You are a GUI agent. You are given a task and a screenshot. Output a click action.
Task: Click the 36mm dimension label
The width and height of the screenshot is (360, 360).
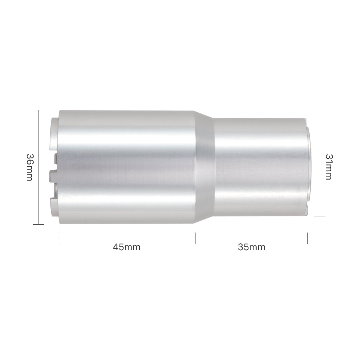click(30, 167)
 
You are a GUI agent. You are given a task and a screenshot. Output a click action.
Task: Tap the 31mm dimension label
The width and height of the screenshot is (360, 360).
click(329, 167)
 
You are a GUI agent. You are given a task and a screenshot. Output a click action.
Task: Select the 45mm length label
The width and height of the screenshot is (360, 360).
click(126, 247)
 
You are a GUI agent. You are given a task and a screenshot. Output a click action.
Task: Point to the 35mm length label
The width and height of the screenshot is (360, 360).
click(251, 247)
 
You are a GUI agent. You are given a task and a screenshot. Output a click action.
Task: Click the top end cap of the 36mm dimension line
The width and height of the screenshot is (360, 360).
click(39, 110)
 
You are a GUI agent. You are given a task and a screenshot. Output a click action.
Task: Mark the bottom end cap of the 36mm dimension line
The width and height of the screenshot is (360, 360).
click(39, 224)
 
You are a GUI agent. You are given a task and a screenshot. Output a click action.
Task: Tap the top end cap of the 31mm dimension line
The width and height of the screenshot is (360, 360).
click(320, 118)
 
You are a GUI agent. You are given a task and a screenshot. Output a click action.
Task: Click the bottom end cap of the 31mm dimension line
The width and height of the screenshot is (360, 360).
click(320, 216)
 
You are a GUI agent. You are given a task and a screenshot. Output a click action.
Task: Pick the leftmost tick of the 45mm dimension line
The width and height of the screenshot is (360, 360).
click(58, 238)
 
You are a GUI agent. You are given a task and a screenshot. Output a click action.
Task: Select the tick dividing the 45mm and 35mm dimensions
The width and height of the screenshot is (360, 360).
click(195, 238)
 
